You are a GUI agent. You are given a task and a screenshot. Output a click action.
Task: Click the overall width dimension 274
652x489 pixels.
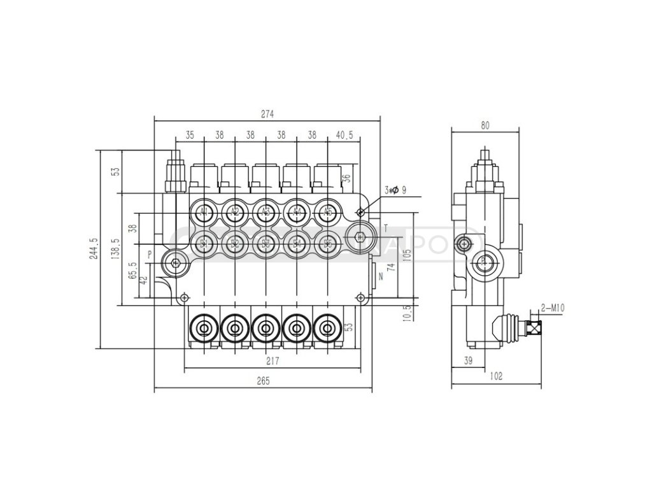[x=267, y=114]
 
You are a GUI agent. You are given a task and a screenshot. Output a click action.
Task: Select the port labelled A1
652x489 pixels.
[x=204, y=211]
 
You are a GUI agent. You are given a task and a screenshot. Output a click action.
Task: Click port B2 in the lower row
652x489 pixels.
[x=235, y=243]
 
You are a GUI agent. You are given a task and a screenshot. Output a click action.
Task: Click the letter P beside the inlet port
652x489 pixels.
[x=150, y=254]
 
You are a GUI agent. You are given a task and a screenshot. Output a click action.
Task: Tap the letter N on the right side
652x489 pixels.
[x=381, y=276]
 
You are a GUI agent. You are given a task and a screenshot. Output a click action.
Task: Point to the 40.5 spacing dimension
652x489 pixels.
[x=344, y=135]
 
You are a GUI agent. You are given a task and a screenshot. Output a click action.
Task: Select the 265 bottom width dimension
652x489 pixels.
[x=264, y=381]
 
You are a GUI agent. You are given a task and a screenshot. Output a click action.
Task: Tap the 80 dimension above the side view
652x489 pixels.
[x=485, y=125]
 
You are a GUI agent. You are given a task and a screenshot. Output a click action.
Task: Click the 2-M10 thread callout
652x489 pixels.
[x=553, y=308]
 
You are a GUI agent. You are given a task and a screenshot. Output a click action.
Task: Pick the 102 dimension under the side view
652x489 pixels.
[x=497, y=376]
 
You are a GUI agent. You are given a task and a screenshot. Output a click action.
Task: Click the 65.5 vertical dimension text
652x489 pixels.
[x=132, y=271]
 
